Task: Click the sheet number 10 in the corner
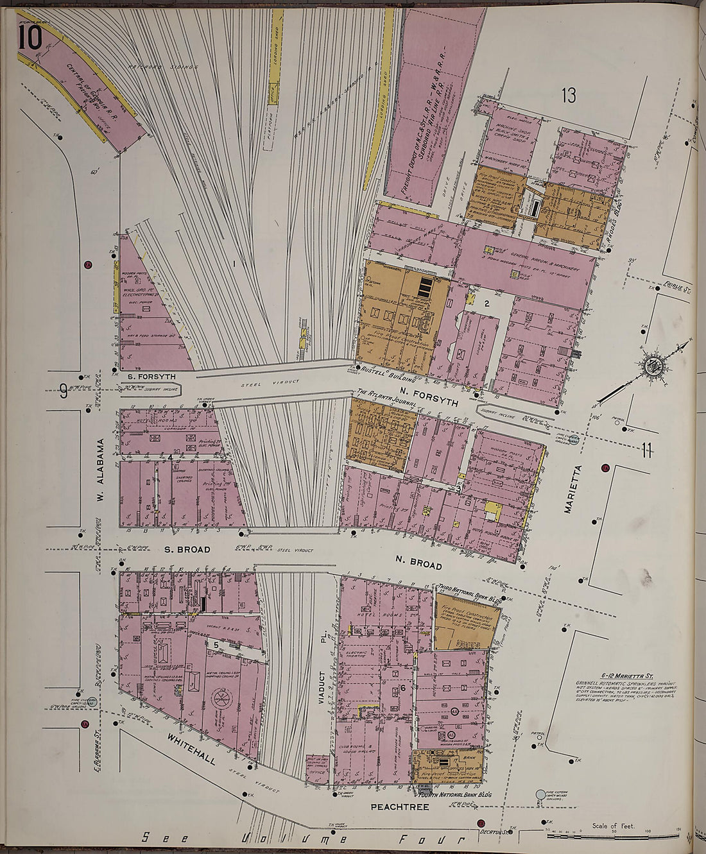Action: [x=30, y=38]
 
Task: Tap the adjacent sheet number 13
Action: [x=569, y=96]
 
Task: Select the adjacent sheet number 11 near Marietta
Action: [x=646, y=451]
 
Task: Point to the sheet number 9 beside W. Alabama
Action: [x=64, y=390]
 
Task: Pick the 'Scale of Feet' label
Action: [x=614, y=826]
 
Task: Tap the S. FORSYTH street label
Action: [x=151, y=377]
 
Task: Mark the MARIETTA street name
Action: [x=569, y=489]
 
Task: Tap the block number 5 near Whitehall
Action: [x=216, y=644]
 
